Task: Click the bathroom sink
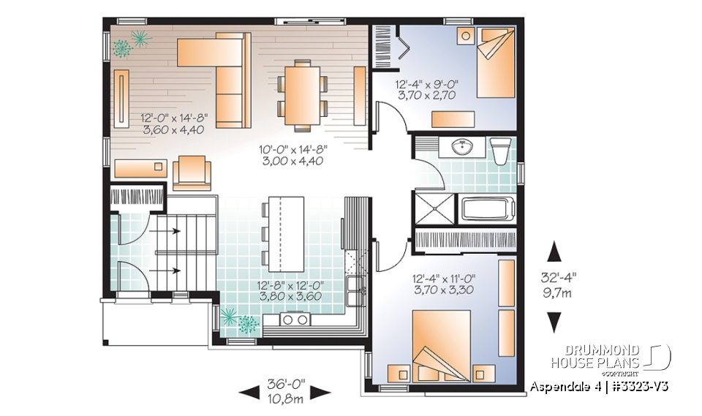(461, 148)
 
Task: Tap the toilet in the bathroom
(501, 151)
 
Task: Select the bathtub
(488, 208)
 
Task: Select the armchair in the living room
(192, 173)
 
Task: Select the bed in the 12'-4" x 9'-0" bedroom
(496, 62)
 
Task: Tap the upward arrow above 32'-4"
(554, 250)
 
